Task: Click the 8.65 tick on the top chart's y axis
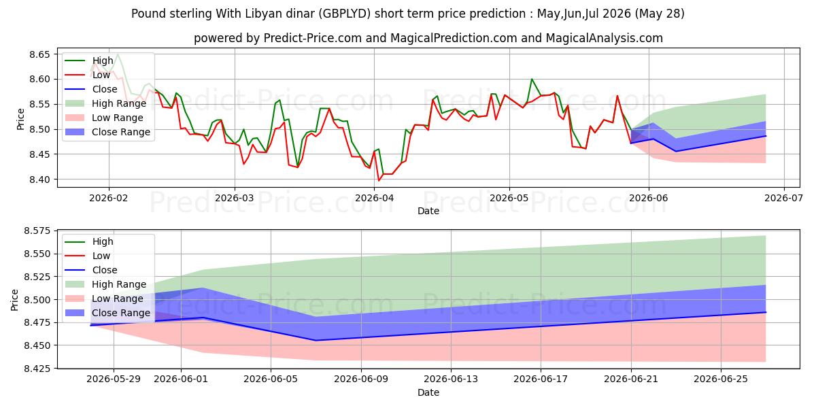pos(39,54)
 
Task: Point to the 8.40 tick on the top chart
pos(39,180)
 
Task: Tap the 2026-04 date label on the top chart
pos(374,198)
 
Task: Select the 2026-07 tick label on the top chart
pos(784,198)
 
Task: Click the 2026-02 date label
pos(109,198)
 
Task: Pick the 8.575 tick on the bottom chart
pos(37,231)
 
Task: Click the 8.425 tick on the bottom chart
pos(37,369)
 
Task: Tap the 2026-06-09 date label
pos(361,379)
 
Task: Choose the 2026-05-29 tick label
pos(114,379)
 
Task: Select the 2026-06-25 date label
pos(721,379)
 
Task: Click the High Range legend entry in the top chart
pos(105,103)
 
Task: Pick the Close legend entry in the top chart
pos(91,89)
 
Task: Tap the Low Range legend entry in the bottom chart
pos(104,299)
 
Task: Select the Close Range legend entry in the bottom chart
pos(107,313)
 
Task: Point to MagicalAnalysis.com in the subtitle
pos(604,38)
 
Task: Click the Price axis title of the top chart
pos(20,119)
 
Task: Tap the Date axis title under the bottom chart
pos(428,392)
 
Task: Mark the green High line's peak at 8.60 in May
pos(532,79)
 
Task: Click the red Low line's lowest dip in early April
pos(379,181)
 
